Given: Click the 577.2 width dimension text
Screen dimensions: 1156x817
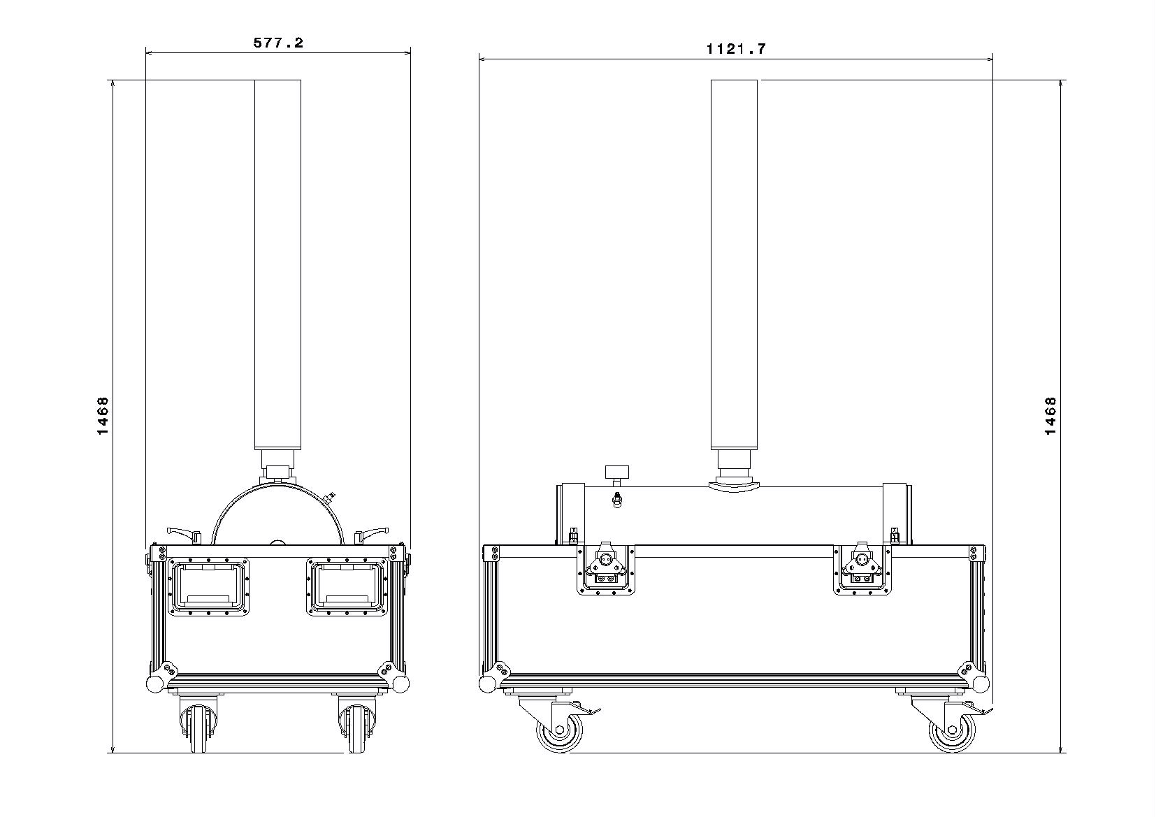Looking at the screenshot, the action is (278, 43).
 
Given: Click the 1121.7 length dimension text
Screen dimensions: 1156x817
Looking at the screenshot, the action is (736, 49).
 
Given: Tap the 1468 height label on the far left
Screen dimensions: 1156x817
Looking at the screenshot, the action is (103, 416).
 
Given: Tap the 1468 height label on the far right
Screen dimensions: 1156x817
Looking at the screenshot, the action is (1050, 416).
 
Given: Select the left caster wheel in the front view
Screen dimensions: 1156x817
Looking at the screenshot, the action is (198, 729).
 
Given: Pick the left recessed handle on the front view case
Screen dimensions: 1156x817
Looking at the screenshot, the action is (208, 586).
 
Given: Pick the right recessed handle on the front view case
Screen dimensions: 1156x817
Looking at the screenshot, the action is (346, 586).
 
